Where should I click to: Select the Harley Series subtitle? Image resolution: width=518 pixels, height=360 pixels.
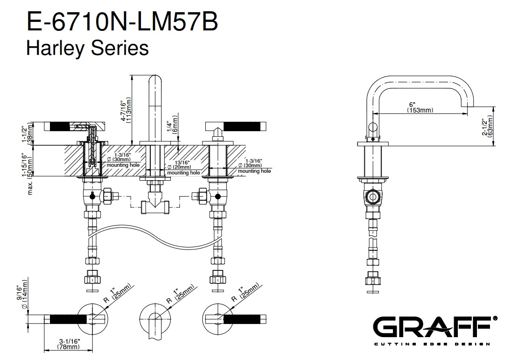pos(87,48)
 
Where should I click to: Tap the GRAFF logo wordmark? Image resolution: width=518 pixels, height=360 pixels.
pos(431,327)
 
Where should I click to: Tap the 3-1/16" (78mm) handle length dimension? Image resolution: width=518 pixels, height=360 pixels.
pos(68,345)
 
